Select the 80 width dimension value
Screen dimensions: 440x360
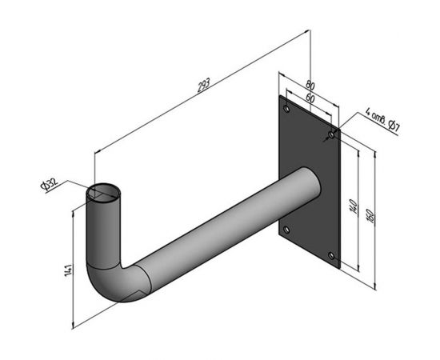coord(310,84)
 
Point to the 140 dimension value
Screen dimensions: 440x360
coord(354,206)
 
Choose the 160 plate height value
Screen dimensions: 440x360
coord(370,216)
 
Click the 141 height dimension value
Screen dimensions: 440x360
coord(69,270)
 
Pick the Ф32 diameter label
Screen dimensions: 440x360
coord(49,184)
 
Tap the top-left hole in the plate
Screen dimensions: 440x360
coord(286,109)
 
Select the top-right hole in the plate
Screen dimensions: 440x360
coord(331,135)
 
